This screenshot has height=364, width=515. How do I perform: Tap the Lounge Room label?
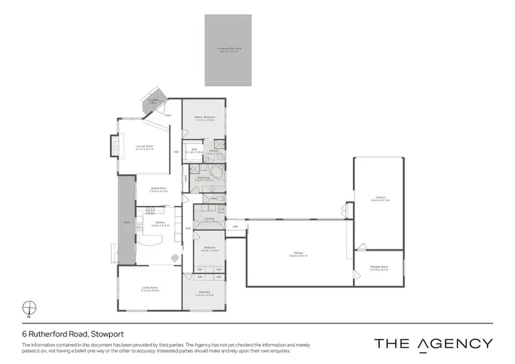143,146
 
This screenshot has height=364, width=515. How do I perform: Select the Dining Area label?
159,190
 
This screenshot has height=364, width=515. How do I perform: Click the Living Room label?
150,289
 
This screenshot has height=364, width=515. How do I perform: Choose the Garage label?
298,253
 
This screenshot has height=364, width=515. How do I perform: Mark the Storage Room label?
379,269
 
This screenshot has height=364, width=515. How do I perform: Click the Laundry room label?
209,220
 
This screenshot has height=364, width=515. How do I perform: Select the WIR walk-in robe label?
194,150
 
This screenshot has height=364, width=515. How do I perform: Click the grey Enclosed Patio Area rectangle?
228,50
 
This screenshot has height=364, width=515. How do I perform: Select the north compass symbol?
29,307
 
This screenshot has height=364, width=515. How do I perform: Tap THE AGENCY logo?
433,343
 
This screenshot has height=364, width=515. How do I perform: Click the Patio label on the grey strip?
126,222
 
